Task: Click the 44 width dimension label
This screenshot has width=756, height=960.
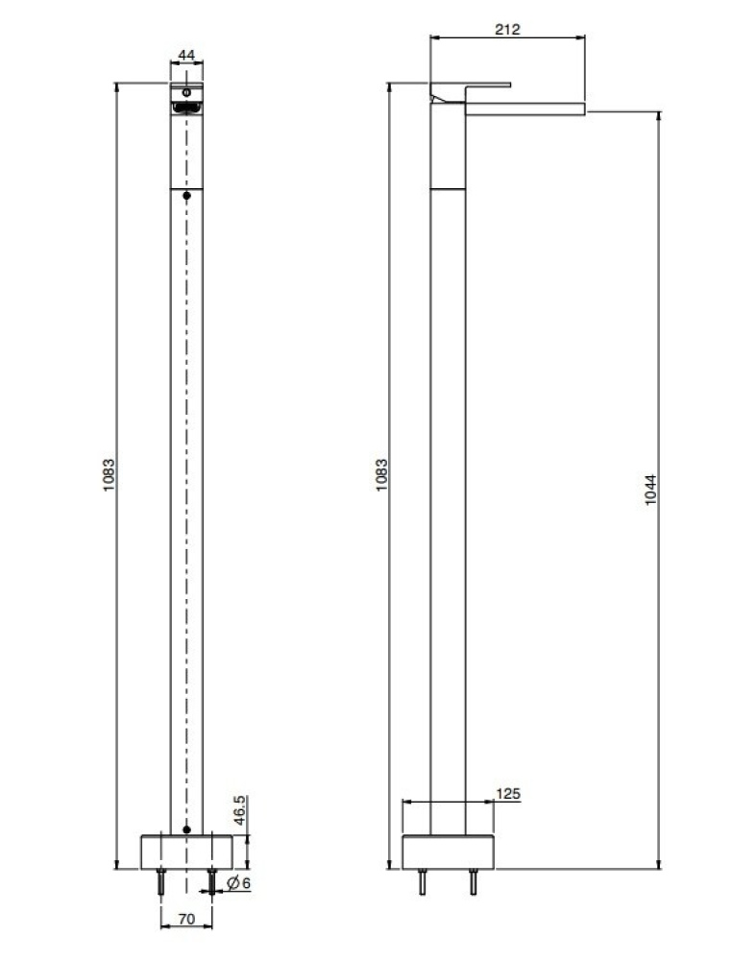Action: [187, 56]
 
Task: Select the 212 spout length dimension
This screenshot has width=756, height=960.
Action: [507, 29]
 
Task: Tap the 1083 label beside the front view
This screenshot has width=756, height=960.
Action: [110, 475]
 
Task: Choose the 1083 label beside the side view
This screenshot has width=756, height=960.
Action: [381, 475]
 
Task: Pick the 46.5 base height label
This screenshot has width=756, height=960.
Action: [239, 812]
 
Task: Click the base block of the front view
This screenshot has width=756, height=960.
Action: [187, 852]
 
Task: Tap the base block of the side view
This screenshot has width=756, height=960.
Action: [447, 852]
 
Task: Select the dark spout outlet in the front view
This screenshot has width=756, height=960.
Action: [186, 108]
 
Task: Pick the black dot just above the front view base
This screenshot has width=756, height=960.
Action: [187, 828]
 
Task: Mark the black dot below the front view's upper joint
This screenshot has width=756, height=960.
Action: [187, 196]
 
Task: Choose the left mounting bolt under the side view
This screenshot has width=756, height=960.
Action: [421, 882]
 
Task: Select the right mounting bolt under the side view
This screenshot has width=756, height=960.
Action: [473, 882]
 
